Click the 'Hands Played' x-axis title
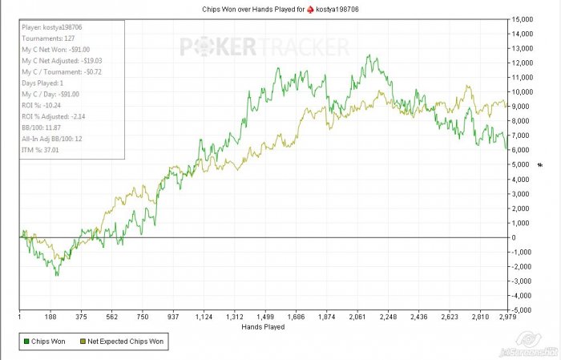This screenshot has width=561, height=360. click(x=263, y=327)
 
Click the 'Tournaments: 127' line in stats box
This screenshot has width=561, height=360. click(x=46, y=37)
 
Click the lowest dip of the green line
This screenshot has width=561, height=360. click(x=56, y=276)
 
